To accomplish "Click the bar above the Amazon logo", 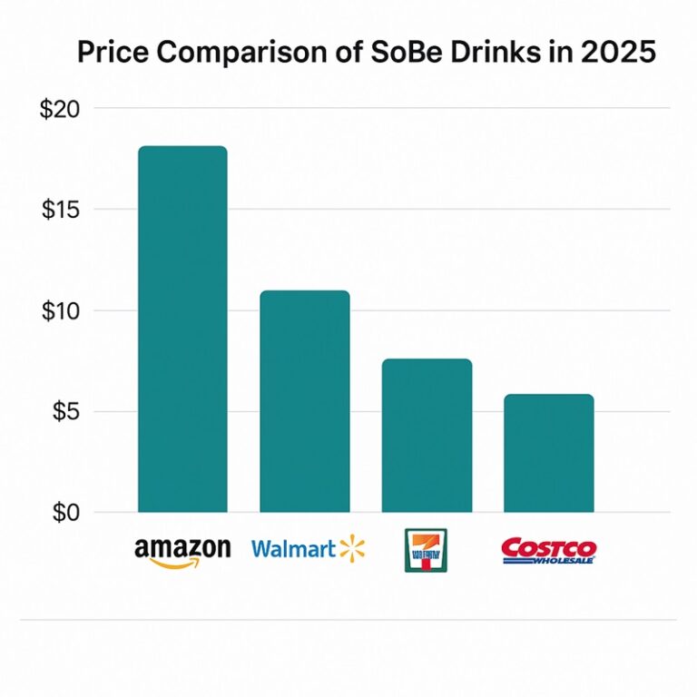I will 182,329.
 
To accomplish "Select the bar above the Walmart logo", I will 304,401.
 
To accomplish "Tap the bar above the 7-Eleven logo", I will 427,436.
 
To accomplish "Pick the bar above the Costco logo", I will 548,453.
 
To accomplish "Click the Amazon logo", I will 182,551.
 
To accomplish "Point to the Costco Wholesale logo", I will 548,550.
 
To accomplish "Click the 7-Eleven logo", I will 426,550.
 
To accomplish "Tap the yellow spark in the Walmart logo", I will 351,548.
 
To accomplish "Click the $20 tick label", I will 61,109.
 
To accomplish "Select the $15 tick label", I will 61,210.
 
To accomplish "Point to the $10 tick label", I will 61,310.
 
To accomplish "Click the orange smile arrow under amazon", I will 178,563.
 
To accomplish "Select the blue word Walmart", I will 291,549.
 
